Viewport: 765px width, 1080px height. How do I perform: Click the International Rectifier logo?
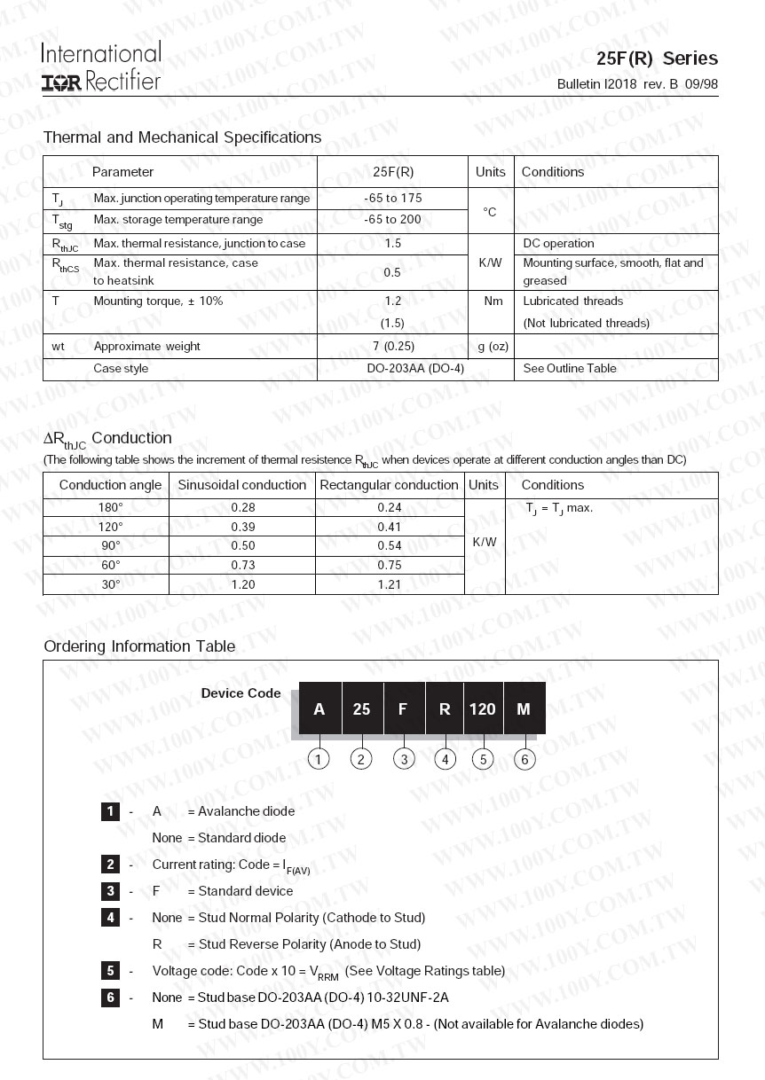(x=100, y=67)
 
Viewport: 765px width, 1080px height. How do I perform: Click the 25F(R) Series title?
(x=657, y=59)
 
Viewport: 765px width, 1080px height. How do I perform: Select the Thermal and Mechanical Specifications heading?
(x=182, y=137)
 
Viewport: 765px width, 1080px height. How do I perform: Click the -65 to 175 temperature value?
(x=392, y=198)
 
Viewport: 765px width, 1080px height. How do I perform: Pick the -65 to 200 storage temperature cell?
(x=392, y=219)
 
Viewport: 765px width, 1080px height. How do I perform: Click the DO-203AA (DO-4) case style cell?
(x=414, y=368)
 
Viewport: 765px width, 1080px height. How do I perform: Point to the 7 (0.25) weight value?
(x=392, y=346)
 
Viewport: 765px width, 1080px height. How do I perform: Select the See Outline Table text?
(x=569, y=368)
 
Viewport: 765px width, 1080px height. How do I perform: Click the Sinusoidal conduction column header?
(x=241, y=485)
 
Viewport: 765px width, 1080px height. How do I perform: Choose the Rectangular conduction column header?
(x=389, y=485)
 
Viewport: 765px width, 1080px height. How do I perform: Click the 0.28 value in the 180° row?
(x=242, y=507)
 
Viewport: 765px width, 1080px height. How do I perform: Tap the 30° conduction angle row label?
(x=111, y=584)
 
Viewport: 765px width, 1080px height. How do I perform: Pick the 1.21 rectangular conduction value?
(x=389, y=584)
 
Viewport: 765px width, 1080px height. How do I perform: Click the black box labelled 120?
(x=483, y=708)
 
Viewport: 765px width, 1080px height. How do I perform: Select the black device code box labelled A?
(x=319, y=708)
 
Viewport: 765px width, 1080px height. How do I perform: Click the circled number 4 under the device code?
(x=445, y=759)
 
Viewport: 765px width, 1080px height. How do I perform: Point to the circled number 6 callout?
(x=524, y=759)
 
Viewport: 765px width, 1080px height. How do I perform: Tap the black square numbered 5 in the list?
(x=110, y=970)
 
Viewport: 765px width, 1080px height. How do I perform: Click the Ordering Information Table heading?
(x=139, y=646)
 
